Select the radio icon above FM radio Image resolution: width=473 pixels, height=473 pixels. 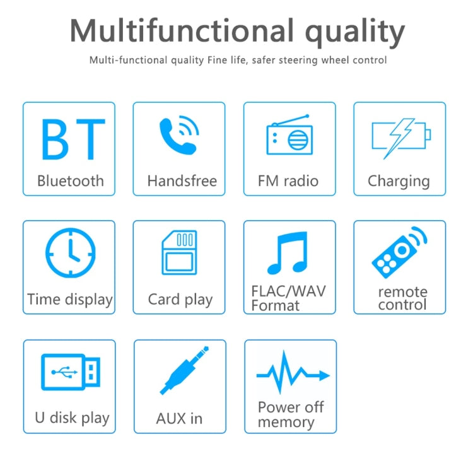point(289,136)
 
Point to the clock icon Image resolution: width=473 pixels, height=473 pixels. point(70,254)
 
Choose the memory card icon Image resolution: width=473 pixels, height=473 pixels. point(179,252)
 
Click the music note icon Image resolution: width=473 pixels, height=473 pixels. point(288,253)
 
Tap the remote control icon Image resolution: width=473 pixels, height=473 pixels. point(399,252)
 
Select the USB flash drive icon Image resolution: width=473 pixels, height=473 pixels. point(70,371)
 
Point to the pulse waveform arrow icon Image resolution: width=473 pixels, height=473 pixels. point(291,374)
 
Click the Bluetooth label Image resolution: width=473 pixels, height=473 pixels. point(70,181)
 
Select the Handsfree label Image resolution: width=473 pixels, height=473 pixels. point(182,181)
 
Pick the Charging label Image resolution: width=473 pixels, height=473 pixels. point(399,182)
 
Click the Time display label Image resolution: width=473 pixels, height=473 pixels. point(70,299)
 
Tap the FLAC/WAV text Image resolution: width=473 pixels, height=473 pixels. point(288,292)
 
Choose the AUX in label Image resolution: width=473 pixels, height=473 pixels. point(179,418)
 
